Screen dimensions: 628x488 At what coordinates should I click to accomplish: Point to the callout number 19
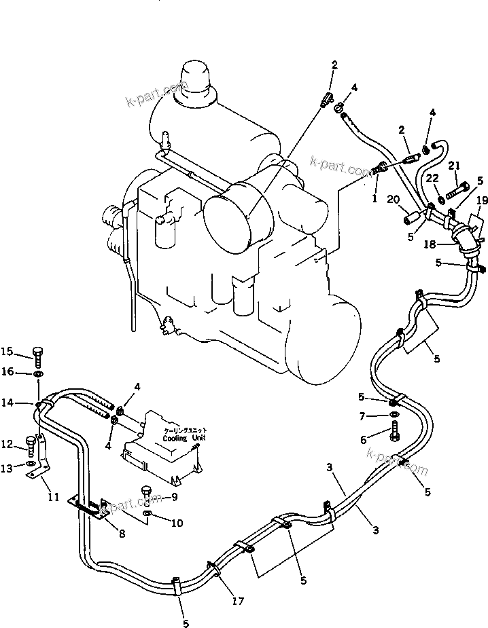[481, 200]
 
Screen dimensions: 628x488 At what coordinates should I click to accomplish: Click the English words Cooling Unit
[179, 439]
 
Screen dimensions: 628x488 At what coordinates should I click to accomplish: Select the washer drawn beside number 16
[39, 374]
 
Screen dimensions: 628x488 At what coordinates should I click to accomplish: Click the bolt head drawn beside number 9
[145, 490]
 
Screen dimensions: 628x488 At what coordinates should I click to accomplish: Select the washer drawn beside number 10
[149, 521]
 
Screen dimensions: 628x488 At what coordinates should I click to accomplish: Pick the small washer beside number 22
[442, 198]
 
